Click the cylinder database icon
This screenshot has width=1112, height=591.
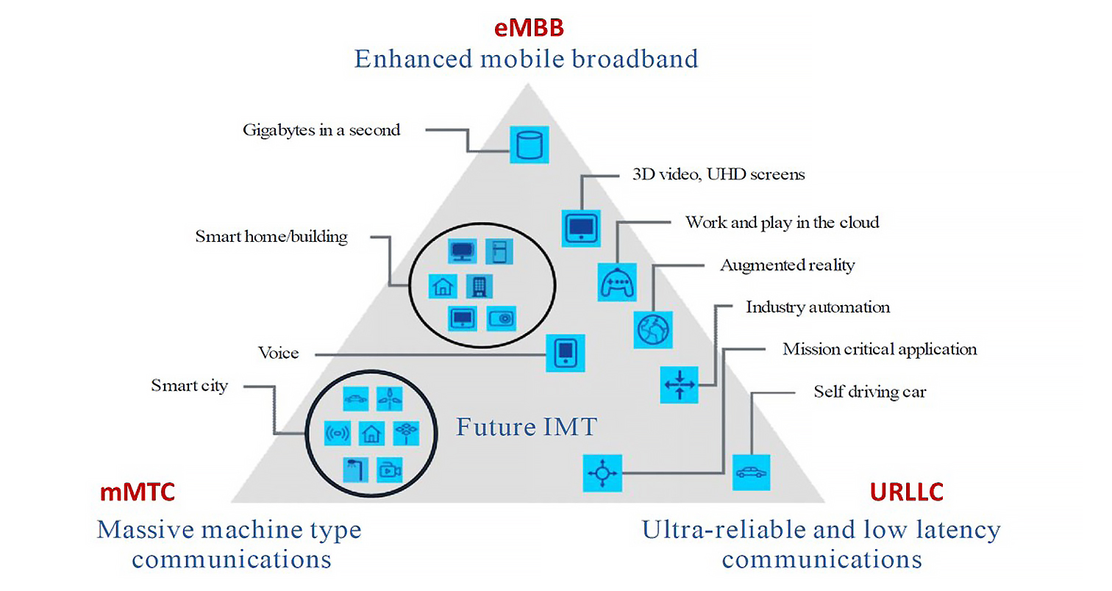(529, 143)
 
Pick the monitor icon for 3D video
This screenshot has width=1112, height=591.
(582, 227)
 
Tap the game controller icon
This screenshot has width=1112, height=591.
(616, 282)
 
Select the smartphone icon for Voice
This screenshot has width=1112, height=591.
(566, 353)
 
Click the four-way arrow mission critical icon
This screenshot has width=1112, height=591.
(602, 473)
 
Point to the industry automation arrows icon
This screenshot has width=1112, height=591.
(679, 384)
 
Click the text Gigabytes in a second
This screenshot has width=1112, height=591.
(321, 130)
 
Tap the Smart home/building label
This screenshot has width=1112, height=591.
(271, 237)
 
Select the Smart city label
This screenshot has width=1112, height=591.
(189, 385)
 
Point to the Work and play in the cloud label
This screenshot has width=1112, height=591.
(782, 222)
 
